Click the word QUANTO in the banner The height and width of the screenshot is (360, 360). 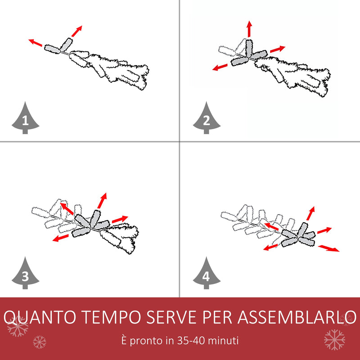40,317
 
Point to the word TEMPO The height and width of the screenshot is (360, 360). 111,317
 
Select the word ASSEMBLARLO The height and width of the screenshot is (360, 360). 297,317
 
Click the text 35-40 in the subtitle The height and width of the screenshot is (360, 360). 190,340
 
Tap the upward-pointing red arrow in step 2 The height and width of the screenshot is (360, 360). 249,29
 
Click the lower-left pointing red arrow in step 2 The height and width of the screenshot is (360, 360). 220,67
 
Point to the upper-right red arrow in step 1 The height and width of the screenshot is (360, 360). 76,31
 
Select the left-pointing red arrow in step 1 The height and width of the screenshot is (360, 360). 36,43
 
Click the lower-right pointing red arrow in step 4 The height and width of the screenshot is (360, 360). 328,248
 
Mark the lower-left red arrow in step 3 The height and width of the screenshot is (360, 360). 61,238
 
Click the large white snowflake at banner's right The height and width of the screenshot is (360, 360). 334,340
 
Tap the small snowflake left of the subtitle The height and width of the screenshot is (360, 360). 40,342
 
